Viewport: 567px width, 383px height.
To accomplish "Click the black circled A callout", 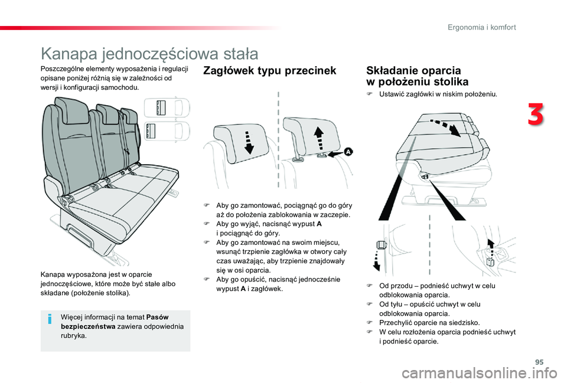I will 348,152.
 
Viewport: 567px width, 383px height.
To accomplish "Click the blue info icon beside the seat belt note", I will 51,320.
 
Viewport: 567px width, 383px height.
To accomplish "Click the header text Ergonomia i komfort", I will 481,27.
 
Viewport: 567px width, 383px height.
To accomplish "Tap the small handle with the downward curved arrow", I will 381,248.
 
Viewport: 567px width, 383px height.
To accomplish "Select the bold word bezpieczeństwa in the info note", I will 89,326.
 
